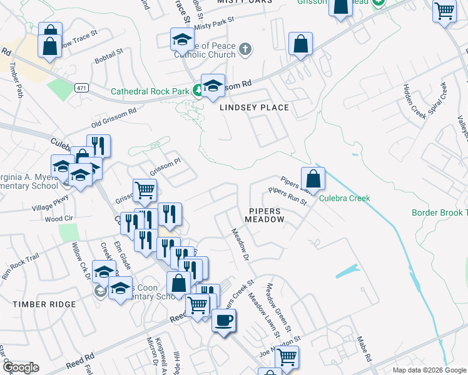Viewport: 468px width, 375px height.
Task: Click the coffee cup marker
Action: (223, 321)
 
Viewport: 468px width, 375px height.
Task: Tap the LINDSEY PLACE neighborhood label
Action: (254, 107)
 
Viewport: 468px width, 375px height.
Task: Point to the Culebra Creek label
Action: (345, 198)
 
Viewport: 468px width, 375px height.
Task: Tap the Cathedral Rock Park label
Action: (150, 91)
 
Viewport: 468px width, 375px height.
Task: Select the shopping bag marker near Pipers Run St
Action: (313, 179)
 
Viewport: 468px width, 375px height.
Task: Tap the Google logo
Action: (20, 367)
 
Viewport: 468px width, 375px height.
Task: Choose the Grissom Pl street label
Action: (165, 166)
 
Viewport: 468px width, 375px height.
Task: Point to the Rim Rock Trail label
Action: (21, 266)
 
